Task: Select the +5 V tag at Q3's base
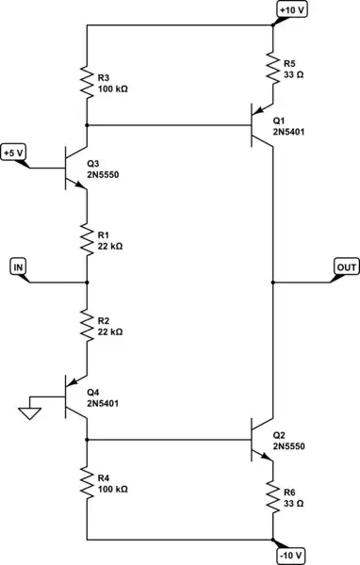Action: pyautogui.click(x=15, y=152)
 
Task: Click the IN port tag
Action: pyautogui.click(x=19, y=267)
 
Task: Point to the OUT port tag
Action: pyautogui.click(x=345, y=267)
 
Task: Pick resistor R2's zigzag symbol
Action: pyautogui.click(x=86, y=322)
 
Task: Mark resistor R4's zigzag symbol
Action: pyautogui.click(x=86, y=485)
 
